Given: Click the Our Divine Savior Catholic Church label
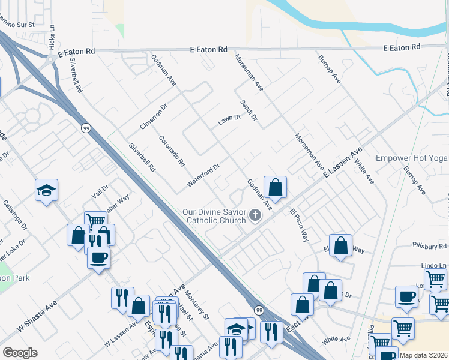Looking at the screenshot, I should [215, 216].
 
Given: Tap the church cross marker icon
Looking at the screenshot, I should [255, 215].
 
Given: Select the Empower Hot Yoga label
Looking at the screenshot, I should [412, 158].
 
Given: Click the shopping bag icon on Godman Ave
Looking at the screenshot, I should [275, 188].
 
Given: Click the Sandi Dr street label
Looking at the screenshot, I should [248, 110].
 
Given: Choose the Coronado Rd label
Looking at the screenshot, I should [172, 151].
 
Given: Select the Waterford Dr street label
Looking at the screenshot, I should [204, 173].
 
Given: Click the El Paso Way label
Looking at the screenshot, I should [298, 224].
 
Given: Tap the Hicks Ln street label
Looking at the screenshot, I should [53, 38].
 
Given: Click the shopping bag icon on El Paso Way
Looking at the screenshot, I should [340, 246].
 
